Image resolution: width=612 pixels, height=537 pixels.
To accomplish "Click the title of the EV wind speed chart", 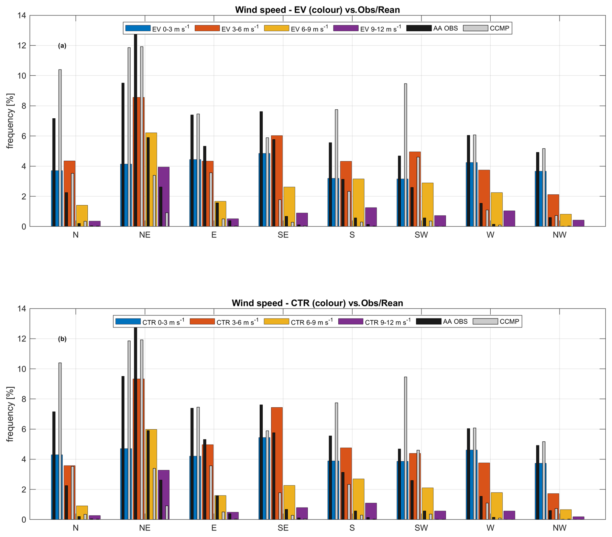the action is [317, 10].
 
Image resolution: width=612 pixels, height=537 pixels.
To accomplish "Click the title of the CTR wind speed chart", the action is [317, 303].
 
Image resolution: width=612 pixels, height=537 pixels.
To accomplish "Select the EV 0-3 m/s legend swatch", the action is [138, 28].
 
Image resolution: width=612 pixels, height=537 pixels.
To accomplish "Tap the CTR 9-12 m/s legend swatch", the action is [351, 322].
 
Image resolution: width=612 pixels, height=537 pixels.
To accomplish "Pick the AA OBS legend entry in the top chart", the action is [432, 28].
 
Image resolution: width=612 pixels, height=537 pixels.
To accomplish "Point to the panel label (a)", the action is [62, 46].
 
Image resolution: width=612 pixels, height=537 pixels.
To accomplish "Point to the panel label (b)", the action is [62, 339].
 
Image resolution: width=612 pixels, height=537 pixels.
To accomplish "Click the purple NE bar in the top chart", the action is [164, 197].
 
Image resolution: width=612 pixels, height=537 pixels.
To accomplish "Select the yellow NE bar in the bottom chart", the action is [151, 474].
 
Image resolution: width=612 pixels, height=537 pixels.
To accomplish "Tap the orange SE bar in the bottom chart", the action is [277, 463].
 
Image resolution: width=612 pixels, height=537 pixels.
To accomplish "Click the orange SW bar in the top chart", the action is [415, 189].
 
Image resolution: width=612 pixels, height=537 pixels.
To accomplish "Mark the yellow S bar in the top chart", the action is [358, 203].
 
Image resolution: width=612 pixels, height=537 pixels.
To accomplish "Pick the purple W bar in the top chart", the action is [509, 219].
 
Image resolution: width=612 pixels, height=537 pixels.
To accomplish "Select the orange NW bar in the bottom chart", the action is [553, 507].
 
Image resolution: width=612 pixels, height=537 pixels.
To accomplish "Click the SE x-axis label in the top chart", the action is [283, 235].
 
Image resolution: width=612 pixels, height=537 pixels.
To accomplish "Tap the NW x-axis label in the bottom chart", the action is [560, 528].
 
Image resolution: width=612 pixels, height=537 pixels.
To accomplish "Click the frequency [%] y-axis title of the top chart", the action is [10, 121].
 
